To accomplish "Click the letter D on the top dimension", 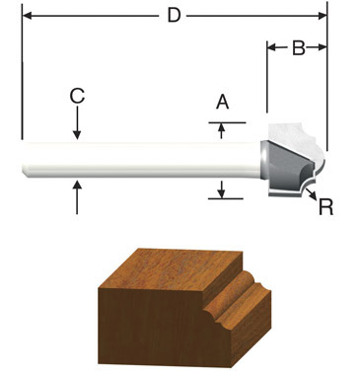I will click(174, 16).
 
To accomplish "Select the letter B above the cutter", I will click(297, 46).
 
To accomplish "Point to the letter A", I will click(222, 101).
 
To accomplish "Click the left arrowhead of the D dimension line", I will click(26, 16).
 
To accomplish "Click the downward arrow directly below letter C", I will click(77, 130).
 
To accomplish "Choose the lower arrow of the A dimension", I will click(222, 189).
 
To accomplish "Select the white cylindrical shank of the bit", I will click(138, 159).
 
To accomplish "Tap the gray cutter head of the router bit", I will click(286, 161).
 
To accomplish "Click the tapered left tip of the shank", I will click(25, 159).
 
